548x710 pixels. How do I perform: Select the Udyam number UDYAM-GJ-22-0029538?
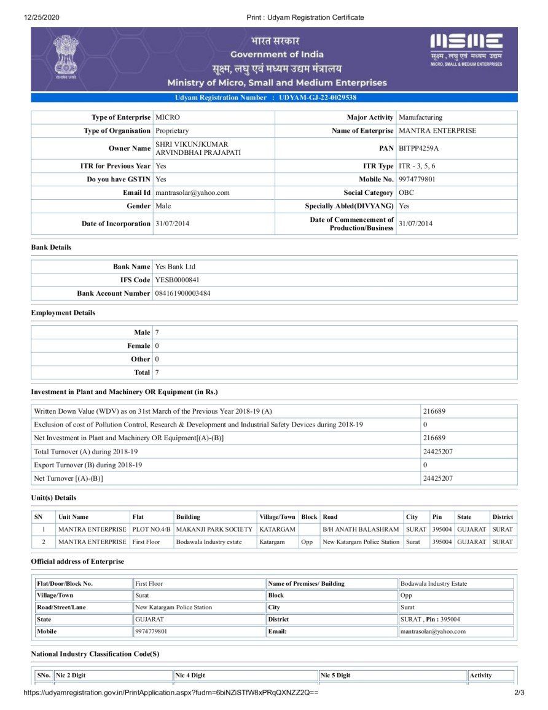click(318, 98)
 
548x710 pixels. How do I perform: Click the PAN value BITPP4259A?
click(418, 149)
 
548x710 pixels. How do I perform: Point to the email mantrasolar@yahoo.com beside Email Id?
click(192, 193)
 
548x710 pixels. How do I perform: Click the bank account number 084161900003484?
click(183, 294)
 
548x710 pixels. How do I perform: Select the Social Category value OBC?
click(407, 193)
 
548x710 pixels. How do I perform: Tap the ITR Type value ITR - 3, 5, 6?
click(417, 166)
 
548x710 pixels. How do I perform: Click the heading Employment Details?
click(63, 313)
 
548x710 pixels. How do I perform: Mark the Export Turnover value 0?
click(425, 465)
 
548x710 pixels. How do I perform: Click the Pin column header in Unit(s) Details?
click(437, 517)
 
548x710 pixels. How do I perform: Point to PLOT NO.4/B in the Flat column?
click(151, 529)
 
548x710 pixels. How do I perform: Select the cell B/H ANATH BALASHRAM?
click(361, 529)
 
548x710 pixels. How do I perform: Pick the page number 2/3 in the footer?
click(519, 693)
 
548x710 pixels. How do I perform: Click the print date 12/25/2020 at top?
click(42, 17)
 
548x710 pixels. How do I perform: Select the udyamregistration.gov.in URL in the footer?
click(171, 693)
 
